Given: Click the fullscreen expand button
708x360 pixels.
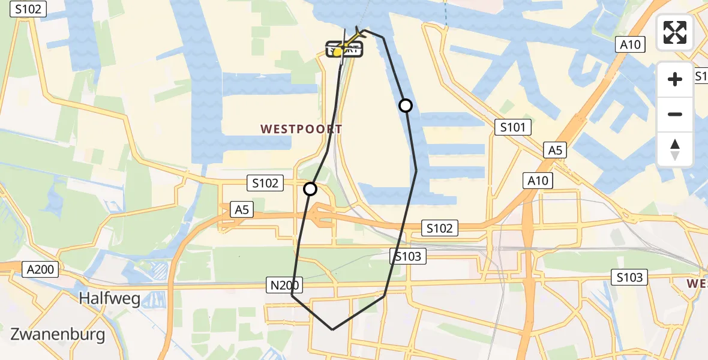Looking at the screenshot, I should [x=675, y=32].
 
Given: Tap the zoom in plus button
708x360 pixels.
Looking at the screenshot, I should [x=675, y=79].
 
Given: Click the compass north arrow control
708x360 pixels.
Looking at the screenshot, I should [x=675, y=149].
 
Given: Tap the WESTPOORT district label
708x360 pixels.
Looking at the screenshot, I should [x=301, y=129].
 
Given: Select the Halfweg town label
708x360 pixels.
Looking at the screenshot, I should [x=110, y=298].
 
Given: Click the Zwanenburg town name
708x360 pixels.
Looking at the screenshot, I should [x=58, y=334].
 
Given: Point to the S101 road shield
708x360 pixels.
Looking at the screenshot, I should [x=512, y=127].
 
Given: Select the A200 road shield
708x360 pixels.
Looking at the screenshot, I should [x=41, y=269].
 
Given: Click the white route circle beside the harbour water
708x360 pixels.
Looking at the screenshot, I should [x=406, y=106].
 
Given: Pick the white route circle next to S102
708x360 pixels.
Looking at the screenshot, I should [x=310, y=190].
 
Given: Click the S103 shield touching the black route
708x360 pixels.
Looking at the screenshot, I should [x=409, y=257].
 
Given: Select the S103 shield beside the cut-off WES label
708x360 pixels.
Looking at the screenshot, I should [x=629, y=277].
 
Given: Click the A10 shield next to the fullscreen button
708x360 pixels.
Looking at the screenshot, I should [x=631, y=44].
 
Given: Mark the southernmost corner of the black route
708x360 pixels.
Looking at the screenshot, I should [x=333, y=329].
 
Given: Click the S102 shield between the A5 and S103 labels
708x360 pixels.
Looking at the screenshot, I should [x=440, y=228].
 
